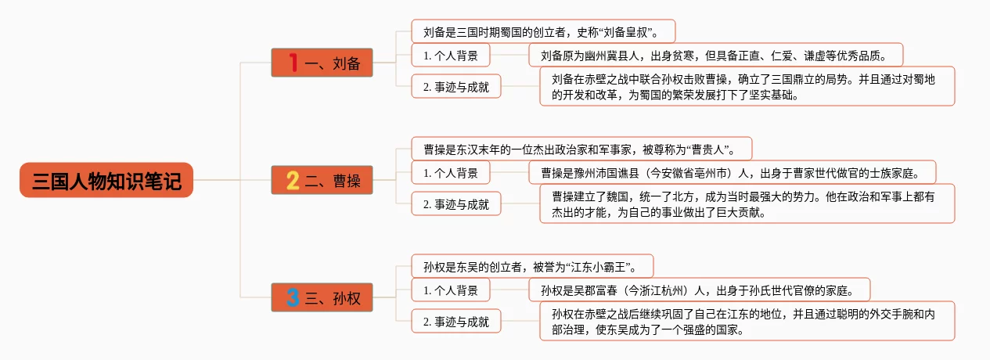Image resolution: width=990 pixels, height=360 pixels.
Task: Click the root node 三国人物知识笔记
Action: pos(106,180)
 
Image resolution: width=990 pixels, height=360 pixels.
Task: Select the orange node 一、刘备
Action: pos(322,63)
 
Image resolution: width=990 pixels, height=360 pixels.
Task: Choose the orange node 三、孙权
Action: pos(322,297)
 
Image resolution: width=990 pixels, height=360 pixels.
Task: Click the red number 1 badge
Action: pos(293,63)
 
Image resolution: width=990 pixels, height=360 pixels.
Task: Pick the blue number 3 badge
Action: pos(293,297)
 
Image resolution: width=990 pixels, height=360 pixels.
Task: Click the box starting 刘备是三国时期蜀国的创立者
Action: pos(543,31)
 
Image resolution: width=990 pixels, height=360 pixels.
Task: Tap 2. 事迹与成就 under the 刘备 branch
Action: pos(456,86)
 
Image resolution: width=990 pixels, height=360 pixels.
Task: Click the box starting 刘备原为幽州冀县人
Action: pos(716,55)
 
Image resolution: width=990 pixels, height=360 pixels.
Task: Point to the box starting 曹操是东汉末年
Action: pos(581,148)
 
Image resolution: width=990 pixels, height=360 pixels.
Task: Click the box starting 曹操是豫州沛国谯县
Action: pos(733,171)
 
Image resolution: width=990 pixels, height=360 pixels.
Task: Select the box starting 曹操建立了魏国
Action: pos(747,203)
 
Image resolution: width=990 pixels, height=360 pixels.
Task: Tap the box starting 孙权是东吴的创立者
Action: pos(532,265)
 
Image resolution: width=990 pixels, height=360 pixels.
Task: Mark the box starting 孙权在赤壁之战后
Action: pos(747,321)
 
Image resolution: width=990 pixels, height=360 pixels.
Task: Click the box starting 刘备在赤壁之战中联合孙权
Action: pos(747,86)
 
